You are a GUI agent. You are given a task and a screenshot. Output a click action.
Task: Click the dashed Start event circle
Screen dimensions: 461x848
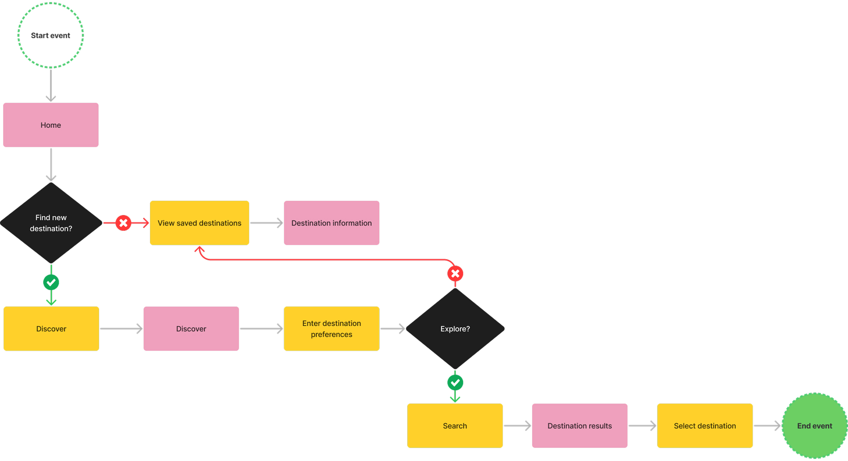pos(51,35)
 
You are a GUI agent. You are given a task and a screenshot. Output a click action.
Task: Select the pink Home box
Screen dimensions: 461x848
pos(51,125)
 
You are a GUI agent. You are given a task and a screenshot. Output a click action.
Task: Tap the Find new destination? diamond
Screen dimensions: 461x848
pos(51,223)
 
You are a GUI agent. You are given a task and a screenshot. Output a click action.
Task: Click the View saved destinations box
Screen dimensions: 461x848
pos(199,223)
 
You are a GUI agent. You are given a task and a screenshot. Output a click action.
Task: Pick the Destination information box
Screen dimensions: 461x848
pos(331,223)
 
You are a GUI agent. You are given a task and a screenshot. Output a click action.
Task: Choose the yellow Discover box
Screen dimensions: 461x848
pos(51,329)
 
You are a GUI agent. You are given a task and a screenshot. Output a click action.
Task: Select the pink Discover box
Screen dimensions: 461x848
pos(191,329)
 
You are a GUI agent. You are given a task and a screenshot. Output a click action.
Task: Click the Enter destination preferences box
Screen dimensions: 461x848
pos(331,329)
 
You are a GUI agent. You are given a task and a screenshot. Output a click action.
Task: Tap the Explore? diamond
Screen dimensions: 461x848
pos(455,329)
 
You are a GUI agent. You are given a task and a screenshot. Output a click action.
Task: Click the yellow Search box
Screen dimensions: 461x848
pos(455,426)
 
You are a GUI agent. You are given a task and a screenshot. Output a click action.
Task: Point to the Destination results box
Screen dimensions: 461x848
pos(579,426)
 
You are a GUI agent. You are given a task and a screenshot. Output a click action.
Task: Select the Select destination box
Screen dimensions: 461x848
pos(704,426)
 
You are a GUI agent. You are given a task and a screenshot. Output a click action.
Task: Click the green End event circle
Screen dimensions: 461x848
pos(815,426)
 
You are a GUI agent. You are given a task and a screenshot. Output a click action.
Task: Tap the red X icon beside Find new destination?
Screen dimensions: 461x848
pos(123,223)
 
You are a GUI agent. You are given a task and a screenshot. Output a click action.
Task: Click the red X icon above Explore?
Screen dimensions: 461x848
pos(455,274)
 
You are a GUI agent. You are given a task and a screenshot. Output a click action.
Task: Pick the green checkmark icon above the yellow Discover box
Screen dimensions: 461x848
pos(51,282)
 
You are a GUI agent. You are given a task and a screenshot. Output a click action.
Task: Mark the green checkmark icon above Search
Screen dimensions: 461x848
pos(455,382)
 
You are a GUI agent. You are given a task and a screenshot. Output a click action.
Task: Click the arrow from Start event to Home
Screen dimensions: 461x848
pos(51,86)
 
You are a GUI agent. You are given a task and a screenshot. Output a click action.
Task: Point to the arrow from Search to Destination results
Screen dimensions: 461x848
pos(517,426)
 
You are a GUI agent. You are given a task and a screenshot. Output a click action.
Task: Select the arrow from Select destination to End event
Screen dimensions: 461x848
pos(767,426)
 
